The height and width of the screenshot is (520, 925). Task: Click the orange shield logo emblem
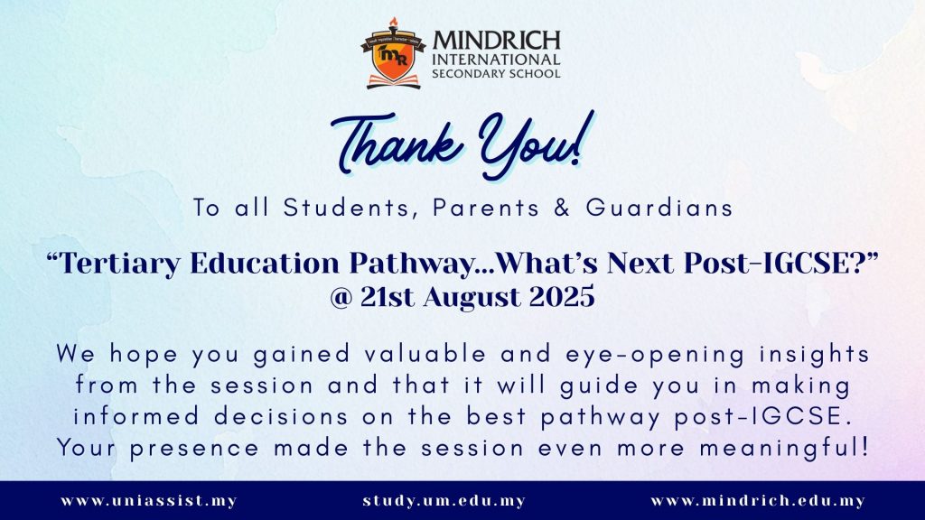tap(394, 54)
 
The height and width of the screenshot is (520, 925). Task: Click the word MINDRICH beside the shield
tap(496, 41)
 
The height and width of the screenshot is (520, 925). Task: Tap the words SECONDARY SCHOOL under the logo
tap(496, 74)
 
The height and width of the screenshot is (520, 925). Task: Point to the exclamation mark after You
tap(584, 137)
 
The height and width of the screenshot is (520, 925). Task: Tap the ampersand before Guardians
tap(562, 208)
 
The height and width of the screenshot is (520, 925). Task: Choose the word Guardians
tap(659, 208)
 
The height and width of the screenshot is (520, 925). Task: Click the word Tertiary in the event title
tap(120, 263)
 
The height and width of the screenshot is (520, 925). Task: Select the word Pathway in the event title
tap(412, 263)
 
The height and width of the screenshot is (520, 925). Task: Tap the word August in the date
tap(472, 296)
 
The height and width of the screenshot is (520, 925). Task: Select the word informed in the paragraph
tap(136, 416)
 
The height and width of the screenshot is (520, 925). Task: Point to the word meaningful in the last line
tap(784, 448)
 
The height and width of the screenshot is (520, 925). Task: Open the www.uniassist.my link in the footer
tap(149, 501)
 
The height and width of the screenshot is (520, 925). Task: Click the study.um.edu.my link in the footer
tap(444, 501)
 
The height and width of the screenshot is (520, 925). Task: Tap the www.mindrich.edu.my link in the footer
tap(758, 501)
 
